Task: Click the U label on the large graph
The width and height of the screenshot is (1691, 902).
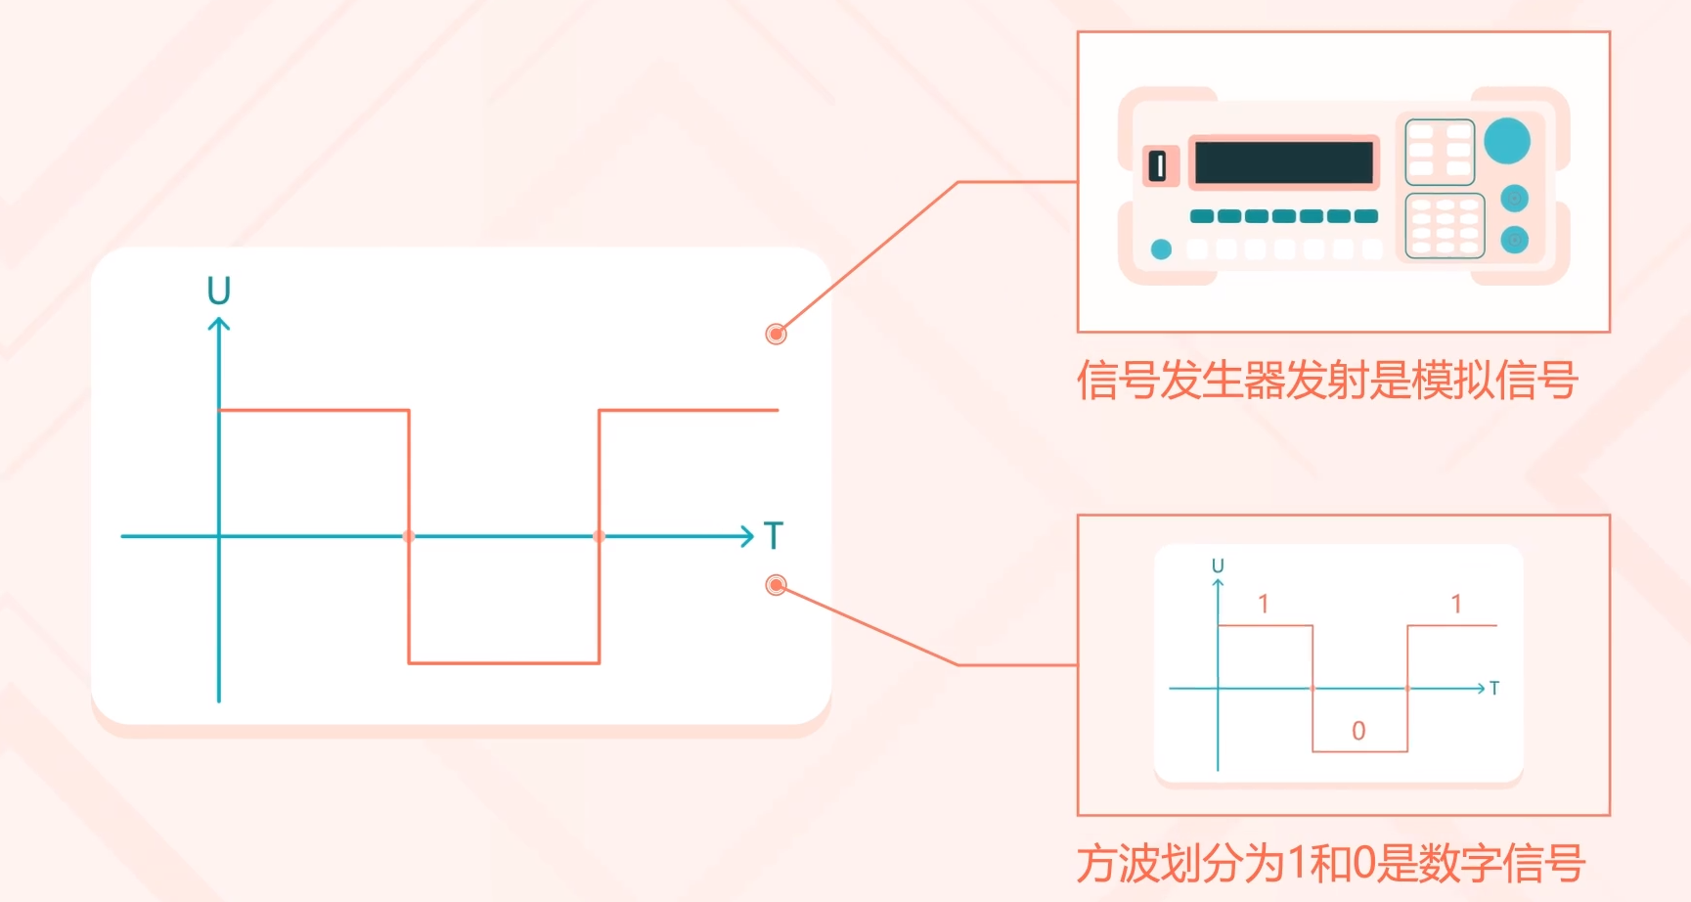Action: (x=219, y=291)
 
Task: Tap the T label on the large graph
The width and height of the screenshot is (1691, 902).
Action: (x=774, y=536)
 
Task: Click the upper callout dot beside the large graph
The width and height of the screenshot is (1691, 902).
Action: (x=776, y=335)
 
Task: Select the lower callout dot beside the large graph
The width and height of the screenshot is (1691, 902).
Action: (x=776, y=585)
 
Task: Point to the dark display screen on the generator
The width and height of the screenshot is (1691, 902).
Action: (x=1284, y=162)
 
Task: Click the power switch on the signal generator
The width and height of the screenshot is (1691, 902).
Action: (x=1160, y=165)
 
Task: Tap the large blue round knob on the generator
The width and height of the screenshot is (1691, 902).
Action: (x=1507, y=140)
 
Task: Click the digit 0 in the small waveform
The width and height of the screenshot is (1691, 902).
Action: (x=1358, y=731)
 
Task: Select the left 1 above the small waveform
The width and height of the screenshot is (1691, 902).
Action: (x=1264, y=604)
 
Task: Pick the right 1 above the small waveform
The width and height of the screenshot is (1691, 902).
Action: (x=1456, y=604)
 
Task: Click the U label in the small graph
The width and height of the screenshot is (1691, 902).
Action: (x=1218, y=565)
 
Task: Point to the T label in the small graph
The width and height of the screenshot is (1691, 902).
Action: (x=1494, y=689)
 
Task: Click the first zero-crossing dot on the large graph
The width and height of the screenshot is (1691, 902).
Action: (x=409, y=536)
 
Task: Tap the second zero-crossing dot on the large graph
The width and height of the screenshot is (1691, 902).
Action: (x=600, y=536)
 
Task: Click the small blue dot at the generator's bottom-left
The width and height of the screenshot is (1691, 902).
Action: (x=1161, y=249)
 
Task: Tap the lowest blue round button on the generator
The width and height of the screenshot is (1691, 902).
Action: (x=1515, y=240)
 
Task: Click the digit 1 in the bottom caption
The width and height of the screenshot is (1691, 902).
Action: (x=1296, y=863)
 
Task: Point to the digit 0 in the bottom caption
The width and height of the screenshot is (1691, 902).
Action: (x=1363, y=863)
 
